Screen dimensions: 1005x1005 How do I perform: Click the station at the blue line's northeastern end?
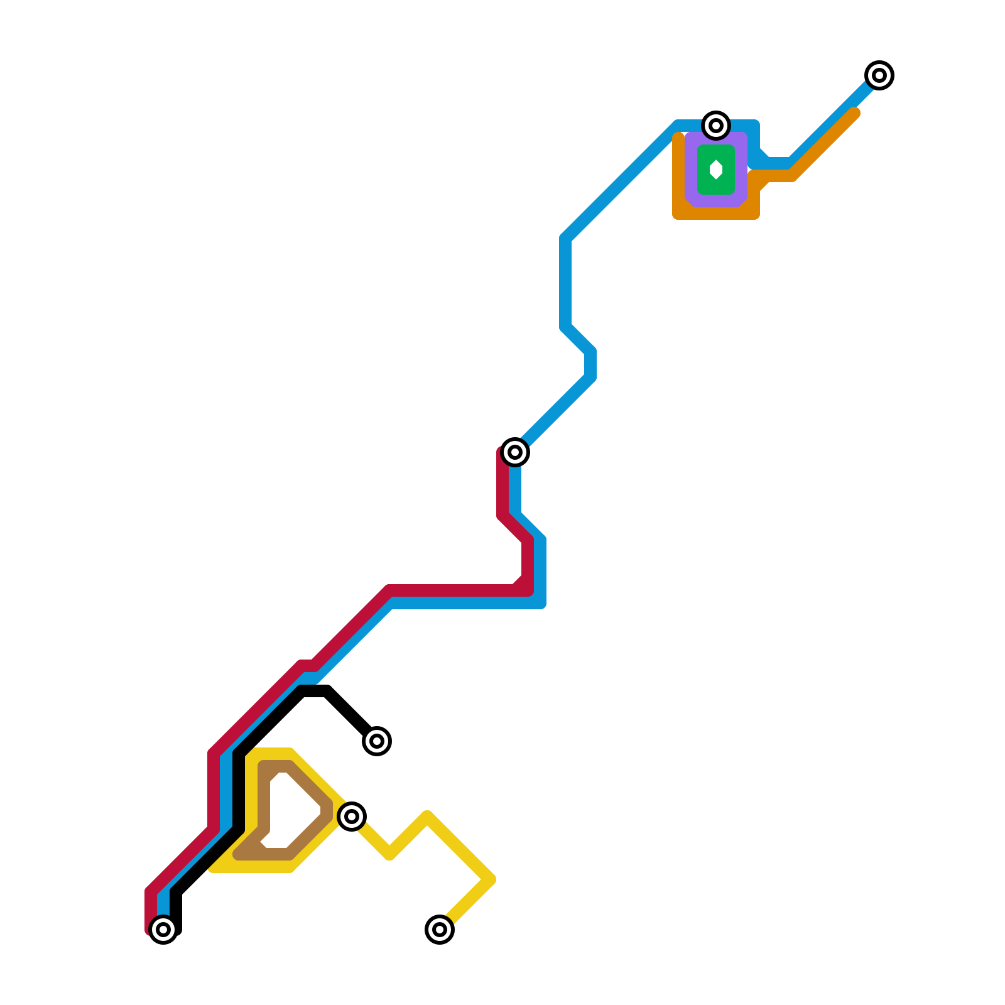(879, 75)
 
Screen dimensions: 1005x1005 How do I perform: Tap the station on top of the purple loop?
(716, 126)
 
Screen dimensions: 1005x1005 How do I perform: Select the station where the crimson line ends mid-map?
(515, 452)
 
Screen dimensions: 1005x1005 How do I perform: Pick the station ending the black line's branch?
(377, 741)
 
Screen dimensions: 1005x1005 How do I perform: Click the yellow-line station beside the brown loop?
(352, 817)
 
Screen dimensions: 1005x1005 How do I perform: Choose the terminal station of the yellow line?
(440, 930)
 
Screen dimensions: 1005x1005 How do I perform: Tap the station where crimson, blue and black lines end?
(163, 930)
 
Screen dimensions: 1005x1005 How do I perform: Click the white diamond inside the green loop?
(716, 170)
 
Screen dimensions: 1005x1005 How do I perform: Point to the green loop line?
(702, 170)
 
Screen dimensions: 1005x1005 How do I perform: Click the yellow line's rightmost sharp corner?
(490, 879)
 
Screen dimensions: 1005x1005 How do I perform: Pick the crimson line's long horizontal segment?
(452, 590)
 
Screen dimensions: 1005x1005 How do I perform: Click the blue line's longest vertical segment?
(565, 283)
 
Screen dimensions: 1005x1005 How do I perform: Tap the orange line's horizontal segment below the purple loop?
(716, 214)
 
